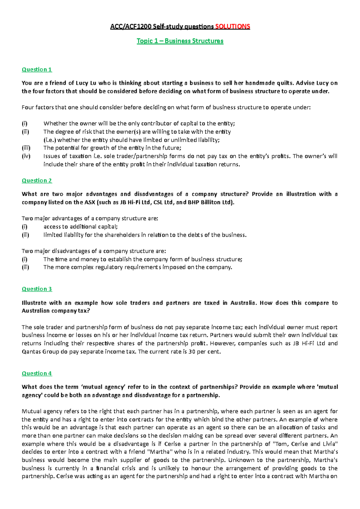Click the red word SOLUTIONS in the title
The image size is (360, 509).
[232, 27]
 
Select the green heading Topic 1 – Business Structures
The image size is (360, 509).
[180, 41]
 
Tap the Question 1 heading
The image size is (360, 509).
[37, 70]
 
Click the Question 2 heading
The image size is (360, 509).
[37, 180]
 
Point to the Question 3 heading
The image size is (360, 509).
[37, 289]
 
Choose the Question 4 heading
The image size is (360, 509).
[37, 374]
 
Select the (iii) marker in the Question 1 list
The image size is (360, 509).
[26, 148]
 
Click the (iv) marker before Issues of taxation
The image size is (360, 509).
[26, 156]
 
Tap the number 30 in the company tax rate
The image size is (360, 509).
[192, 352]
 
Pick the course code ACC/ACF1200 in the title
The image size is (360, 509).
[130, 27]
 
